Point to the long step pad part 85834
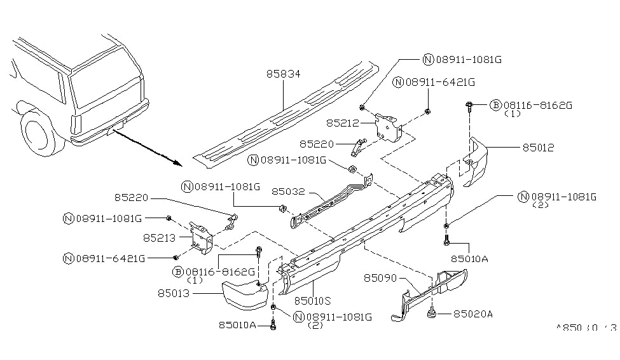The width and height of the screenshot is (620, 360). tap(286, 114)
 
